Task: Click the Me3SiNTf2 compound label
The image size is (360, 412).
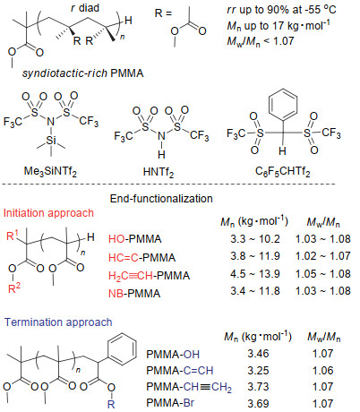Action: (50, 171)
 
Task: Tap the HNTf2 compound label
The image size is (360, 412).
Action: (159, 172)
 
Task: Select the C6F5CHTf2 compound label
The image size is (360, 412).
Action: (283, 172)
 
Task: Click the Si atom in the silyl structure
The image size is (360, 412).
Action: (51, 140)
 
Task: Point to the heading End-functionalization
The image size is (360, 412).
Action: (161, 199)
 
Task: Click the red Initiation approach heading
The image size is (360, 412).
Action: (48, 213)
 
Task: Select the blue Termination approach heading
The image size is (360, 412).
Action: (58, 322)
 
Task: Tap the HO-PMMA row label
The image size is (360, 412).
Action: (135, 239)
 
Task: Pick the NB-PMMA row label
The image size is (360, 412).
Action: (134, 294)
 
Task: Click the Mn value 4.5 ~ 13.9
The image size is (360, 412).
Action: (255, 274)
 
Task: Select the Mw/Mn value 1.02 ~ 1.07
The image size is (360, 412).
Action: (322, 256)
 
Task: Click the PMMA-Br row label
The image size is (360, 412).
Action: (170, 403)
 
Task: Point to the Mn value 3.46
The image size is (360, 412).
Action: (258, 354)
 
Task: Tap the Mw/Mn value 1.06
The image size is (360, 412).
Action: (323, 371)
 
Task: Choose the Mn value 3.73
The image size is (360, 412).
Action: (258, 387)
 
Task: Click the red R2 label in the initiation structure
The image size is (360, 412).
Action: (14, 288)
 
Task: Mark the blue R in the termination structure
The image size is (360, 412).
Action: (111, 404)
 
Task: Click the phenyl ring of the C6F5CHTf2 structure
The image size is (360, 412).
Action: (283, 104)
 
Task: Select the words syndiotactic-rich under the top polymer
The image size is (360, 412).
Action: (64, 73)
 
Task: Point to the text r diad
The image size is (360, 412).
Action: (85, 8)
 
